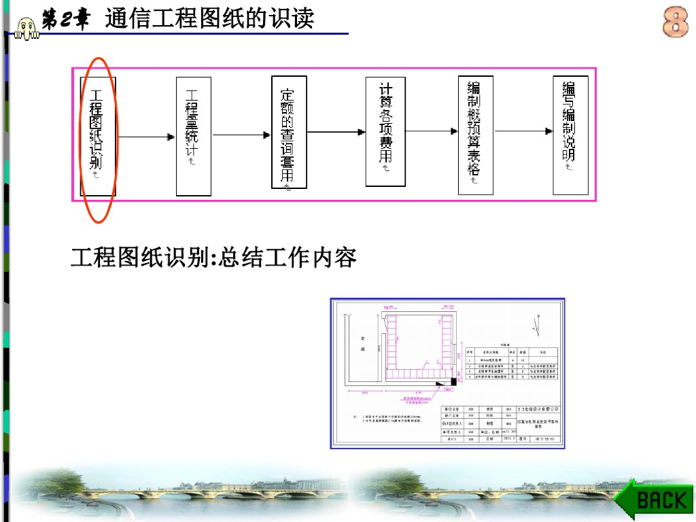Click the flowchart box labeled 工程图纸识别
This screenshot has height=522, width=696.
99,136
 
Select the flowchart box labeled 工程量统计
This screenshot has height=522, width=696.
193,136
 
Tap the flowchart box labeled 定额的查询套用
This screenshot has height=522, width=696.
288,133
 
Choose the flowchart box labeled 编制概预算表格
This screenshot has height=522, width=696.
475,135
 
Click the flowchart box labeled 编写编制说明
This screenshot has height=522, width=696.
570,135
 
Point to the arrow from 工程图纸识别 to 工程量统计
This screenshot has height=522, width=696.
145,137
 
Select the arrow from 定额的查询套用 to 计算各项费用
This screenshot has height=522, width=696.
336,130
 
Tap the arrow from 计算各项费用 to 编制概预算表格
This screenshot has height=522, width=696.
431,130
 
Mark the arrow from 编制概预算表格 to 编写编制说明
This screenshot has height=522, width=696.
523,130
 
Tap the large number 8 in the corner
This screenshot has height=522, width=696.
675,22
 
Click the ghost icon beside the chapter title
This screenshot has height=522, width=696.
26,27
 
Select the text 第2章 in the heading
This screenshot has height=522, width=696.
65,20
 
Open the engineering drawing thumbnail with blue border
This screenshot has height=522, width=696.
448,373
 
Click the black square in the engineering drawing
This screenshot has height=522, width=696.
453,383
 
